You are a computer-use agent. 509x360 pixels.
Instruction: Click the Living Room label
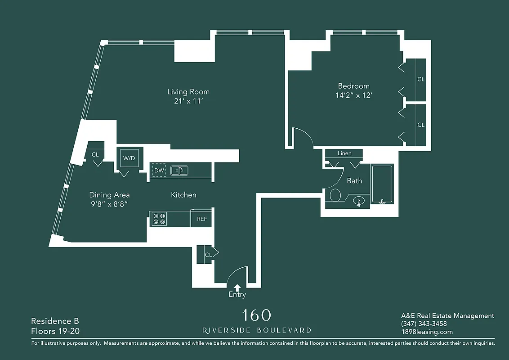[188, 92]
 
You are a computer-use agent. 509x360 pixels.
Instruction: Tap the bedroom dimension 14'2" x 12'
[354, 95]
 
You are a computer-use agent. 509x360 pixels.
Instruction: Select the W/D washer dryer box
[129, 158]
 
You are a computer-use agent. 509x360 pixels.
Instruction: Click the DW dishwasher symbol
[159, 170]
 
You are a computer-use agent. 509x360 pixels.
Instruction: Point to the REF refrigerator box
[202, 219]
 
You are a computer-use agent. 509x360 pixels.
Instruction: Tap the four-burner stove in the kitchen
[159, 219]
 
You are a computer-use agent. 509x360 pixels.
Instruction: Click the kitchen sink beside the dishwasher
[179, 170]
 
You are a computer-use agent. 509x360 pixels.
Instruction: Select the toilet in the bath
[335, 195]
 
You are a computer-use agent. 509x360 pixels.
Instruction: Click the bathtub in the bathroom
[382, 184]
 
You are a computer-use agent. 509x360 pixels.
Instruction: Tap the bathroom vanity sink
[358, 201]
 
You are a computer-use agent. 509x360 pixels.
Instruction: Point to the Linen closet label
[344, 153]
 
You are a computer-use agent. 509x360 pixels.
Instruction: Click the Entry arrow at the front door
[237, 287]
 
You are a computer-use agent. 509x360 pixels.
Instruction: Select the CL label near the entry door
[208, 255]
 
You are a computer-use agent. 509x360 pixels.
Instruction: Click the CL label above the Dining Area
[95, 154]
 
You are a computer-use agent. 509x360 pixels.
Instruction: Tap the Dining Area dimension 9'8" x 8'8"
[109, 203]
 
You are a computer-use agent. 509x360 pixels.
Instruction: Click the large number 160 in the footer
[256, 315]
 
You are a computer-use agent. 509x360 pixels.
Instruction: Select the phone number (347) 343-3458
[424, 324]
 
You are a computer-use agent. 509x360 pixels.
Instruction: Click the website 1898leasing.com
[427, 332]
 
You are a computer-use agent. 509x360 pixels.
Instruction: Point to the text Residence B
[55, 321]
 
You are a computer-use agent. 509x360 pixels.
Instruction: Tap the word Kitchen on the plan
[183, 195]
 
